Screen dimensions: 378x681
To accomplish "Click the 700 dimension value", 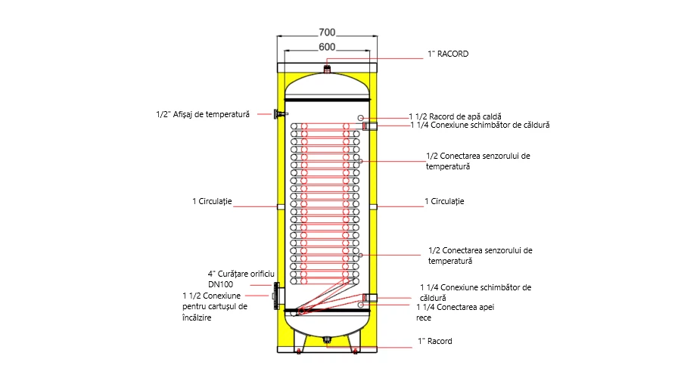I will [x=327, y=33].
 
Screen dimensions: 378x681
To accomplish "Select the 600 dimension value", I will [x=327, y=47].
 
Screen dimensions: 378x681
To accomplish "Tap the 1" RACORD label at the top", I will [x=449, y=54].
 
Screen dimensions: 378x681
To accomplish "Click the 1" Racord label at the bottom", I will [x=435, y=341].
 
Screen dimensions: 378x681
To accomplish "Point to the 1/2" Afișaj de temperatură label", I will [x=209, y=115].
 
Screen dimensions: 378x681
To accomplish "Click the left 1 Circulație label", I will [x=212, y=202].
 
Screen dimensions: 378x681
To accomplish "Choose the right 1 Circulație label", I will [x=443, y=202].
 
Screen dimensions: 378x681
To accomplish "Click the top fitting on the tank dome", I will [x=327, y=69].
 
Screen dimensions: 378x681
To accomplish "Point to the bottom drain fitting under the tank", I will [x=327, y=339].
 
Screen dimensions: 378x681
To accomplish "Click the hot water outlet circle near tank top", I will [x=362, y=117].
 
